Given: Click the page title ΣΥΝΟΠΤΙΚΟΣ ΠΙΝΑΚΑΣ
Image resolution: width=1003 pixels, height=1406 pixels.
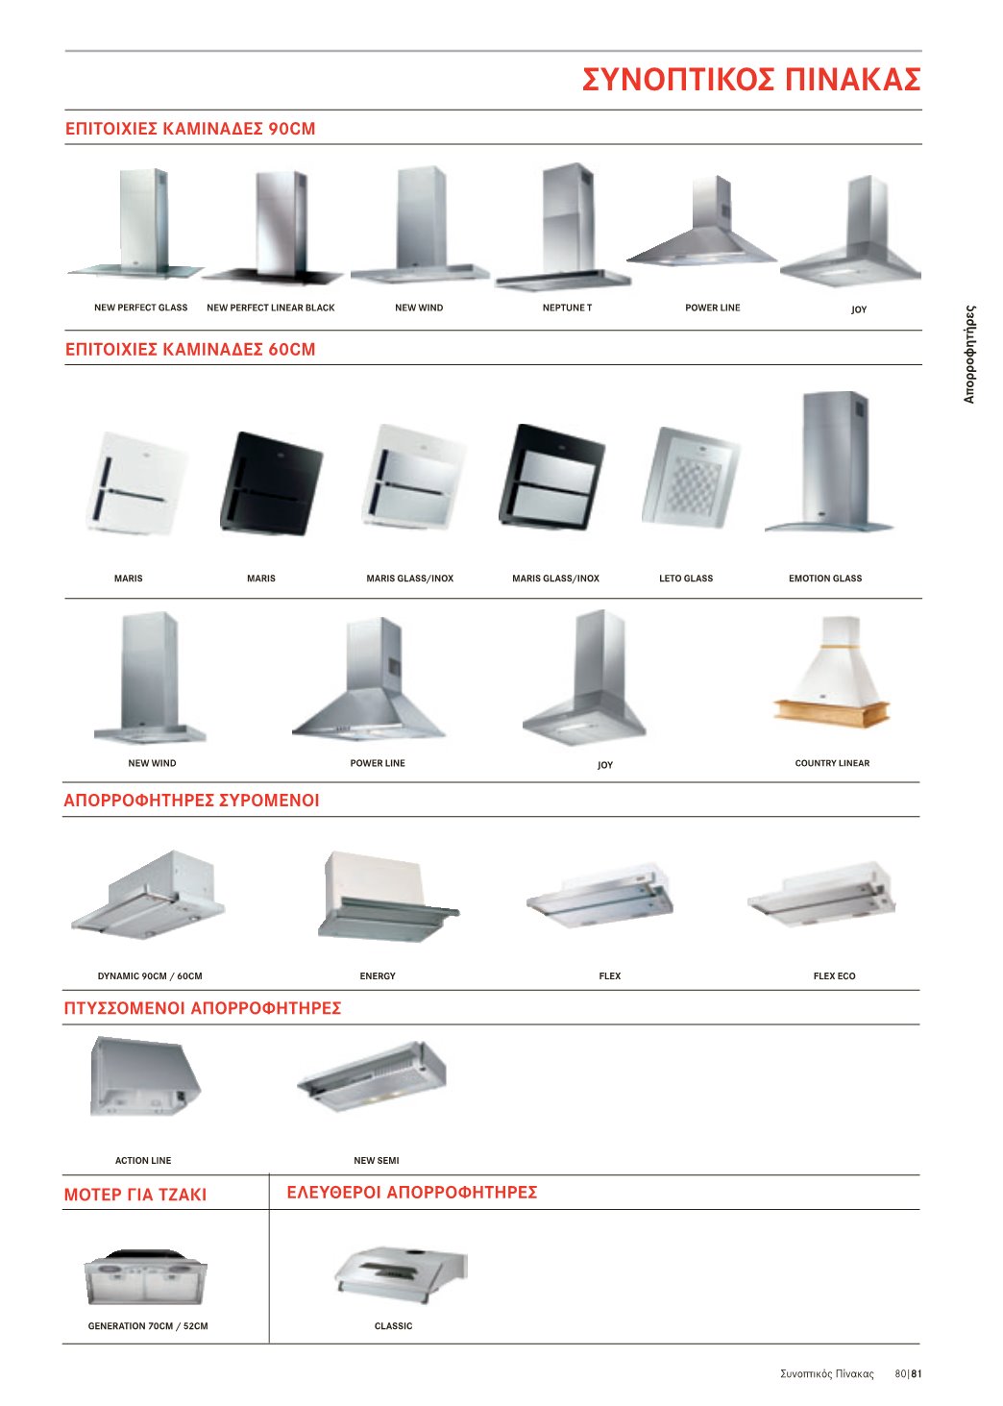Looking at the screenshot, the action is coord(750,80).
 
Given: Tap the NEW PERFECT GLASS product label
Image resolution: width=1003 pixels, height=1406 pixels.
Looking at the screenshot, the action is coord(140,308).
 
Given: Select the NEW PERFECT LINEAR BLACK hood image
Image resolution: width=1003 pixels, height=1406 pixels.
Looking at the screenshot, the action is coord(274,228).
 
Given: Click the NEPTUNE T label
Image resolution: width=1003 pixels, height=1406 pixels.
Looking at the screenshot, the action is coord(567,308).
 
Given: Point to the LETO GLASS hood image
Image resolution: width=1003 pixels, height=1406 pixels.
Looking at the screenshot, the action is coord(691,477).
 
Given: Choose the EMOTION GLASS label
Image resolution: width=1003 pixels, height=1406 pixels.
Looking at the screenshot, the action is coord(824,579).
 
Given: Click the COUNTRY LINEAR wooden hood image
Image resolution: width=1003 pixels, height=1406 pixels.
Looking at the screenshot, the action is coord(831,671).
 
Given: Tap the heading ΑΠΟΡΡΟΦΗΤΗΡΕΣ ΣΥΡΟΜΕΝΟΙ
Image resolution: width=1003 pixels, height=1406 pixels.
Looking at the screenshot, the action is coord(191,801).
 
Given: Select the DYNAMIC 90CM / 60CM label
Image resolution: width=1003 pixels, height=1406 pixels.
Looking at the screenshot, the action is coord(149,976).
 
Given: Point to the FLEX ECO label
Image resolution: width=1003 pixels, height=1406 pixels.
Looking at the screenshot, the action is coord(834,976).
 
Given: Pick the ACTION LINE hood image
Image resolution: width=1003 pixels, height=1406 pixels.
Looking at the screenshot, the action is coord(145,1077).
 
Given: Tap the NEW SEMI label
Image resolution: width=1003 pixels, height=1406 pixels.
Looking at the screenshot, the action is coord(376,1161).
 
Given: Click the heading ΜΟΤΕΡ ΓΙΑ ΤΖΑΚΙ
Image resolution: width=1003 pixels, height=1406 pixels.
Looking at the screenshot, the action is coord(135,1195).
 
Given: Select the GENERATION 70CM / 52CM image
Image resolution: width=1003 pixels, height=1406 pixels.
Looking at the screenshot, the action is coord(145,1277).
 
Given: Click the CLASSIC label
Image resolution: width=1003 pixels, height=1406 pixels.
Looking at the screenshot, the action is coord(393,1325).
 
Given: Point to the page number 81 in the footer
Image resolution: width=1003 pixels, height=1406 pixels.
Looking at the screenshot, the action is coord(917,1373).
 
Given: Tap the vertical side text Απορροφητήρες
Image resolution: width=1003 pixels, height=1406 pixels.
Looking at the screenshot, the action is coord(969,354).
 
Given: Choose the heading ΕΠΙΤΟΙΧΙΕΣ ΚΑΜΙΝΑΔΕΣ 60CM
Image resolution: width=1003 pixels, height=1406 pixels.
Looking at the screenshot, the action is coord(190,349).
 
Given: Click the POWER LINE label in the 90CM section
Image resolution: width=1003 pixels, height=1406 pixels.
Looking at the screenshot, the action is coord(713,308).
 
